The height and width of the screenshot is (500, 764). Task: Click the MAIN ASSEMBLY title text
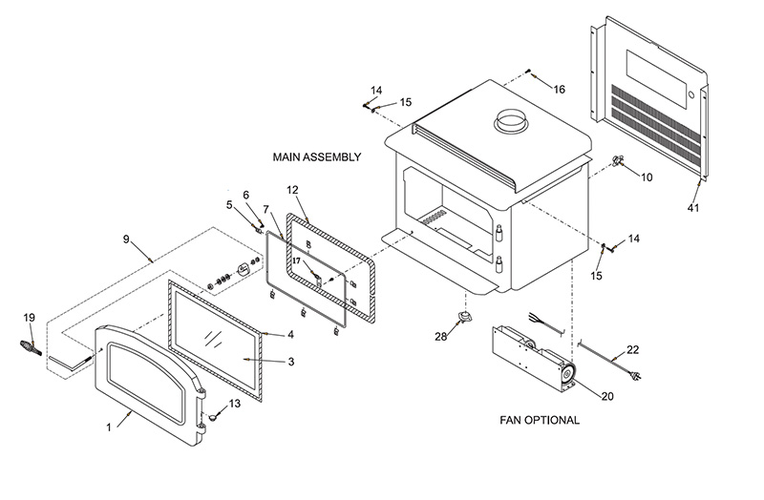pos(317,157)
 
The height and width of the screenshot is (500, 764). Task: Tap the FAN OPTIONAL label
pos(540,420)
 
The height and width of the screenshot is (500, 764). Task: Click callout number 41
pos(693,208)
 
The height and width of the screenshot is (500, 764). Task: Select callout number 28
pos(440,337)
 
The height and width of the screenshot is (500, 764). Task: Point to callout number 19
pos(30,318)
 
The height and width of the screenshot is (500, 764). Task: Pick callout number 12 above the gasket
pos(292,190)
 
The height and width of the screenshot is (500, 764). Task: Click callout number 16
pos(559,90)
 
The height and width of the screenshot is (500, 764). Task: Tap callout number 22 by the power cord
pos(632,350)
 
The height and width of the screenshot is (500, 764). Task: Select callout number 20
pos(607,397)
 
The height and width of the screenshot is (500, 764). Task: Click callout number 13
pos(234,404)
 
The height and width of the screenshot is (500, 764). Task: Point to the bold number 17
pos(297,260)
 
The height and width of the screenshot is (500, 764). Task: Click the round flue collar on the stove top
pos(512,122)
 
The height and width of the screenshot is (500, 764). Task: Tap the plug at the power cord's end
pos(635,375)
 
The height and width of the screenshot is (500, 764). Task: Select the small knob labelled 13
pos(212,417)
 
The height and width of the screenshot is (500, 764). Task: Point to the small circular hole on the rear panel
pos(690,94)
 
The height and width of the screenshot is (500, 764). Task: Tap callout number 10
pos(647,177)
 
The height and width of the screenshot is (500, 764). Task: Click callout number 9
pos(126,240)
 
